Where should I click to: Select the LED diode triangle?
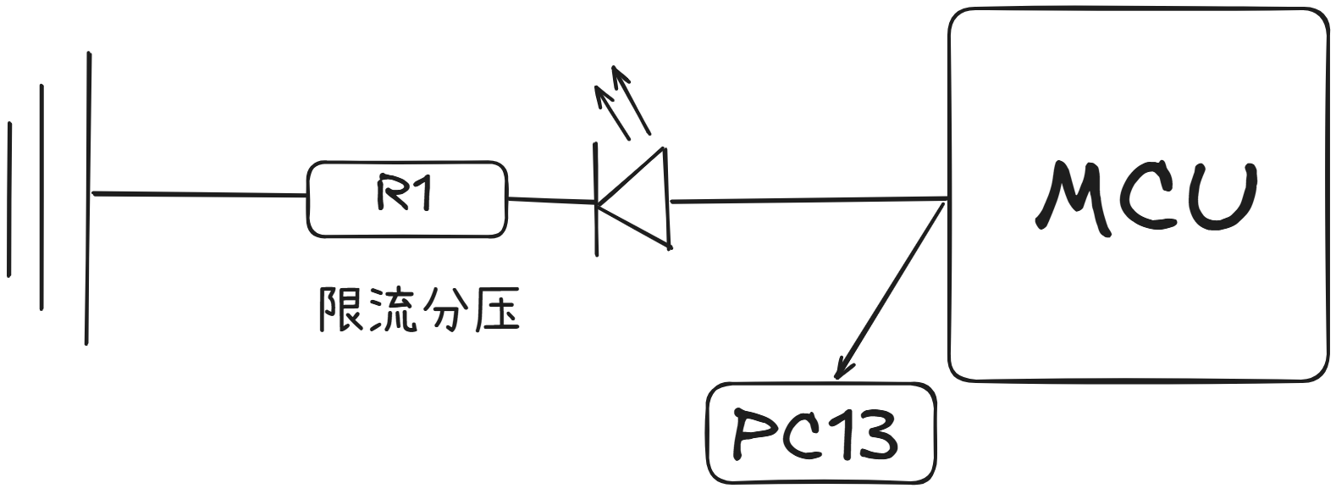pos(635,198)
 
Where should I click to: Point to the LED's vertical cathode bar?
pos(596,199)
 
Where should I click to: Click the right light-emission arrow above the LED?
pos(631,100)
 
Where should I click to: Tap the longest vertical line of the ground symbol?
pos(88,198)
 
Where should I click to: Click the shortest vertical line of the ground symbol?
pos(9,199)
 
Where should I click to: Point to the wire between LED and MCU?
pos(810,199)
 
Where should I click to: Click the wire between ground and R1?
pos(200,194)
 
